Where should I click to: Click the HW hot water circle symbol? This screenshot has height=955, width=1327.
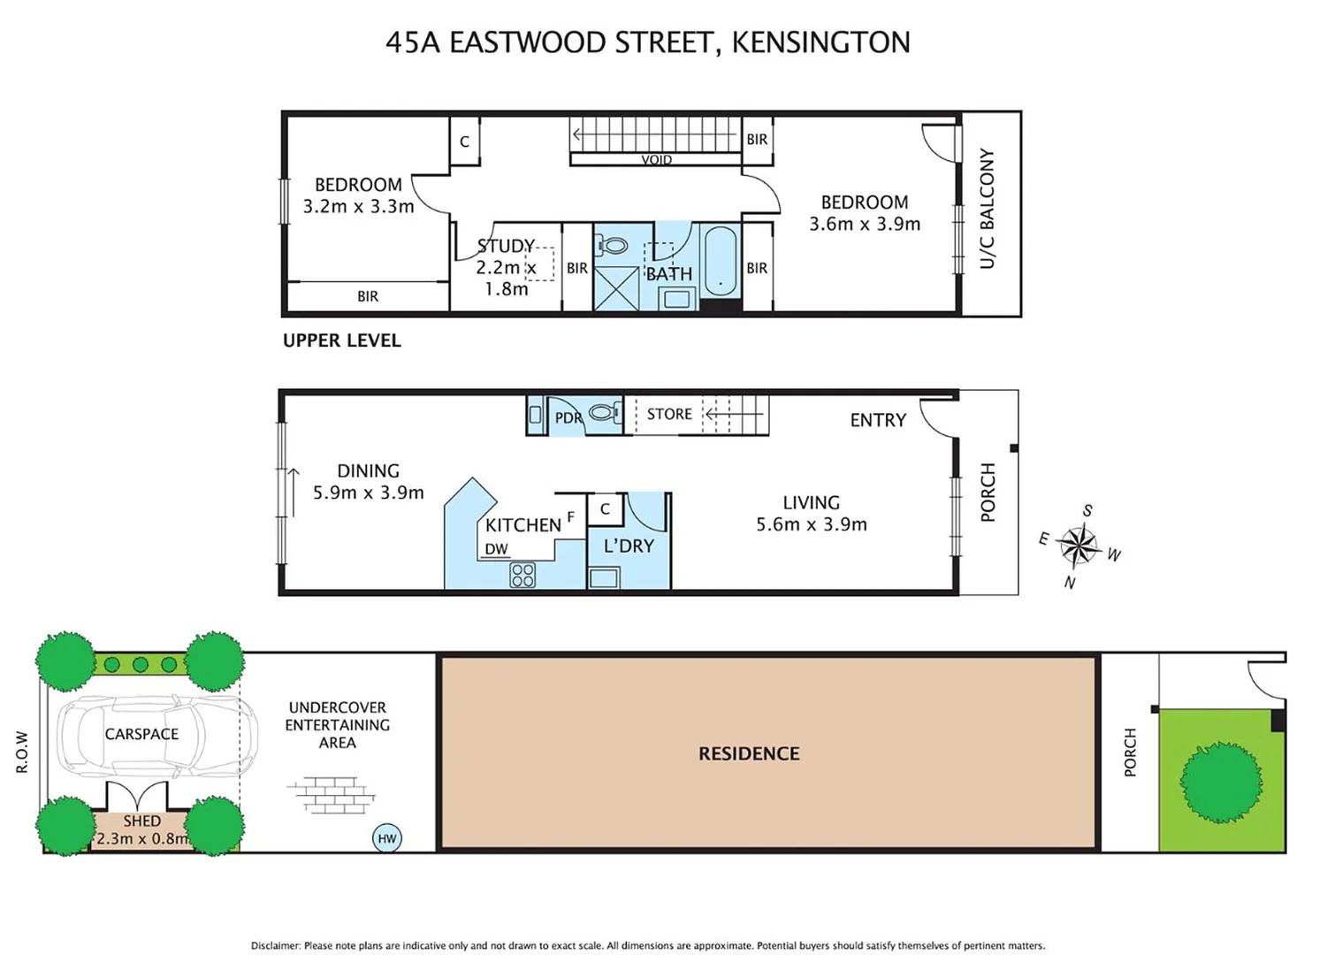click(x=387, y=838)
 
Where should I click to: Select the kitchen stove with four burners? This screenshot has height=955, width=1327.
click(x=522, y=575)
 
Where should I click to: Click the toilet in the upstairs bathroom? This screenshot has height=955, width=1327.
click(x=612, y=245)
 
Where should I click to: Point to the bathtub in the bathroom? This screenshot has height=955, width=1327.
click(x=721, y=260)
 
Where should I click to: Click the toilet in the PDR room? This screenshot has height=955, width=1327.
click(x=605, y=412)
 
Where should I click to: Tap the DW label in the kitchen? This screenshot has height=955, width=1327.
click(x=496, y=549)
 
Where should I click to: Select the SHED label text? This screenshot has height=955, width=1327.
click(x=141, y=821)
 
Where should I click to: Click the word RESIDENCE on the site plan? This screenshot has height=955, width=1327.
click(x=749, y=753)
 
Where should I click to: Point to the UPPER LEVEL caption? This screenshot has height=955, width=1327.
click(x=342, y=340)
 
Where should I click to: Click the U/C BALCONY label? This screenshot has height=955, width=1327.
click(x=988, y=209)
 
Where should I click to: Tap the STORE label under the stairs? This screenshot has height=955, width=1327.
click(x=669, y=414)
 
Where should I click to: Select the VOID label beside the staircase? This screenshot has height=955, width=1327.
click(x=656, y=160)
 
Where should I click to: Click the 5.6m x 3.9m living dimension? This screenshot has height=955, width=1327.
click(x=812, y=524)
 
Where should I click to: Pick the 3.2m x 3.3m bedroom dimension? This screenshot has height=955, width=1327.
click(x=358, y=206)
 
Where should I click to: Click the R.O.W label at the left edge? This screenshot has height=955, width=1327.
click(x=22, y=752)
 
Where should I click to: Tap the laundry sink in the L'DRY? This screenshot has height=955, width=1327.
click(x=604, y=578)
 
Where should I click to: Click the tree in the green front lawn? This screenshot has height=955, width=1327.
click(x=1221, y=782)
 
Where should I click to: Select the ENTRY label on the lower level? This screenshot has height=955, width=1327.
click(x=878, y=420)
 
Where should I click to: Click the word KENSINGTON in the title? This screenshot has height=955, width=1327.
click(x=820, y=42)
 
